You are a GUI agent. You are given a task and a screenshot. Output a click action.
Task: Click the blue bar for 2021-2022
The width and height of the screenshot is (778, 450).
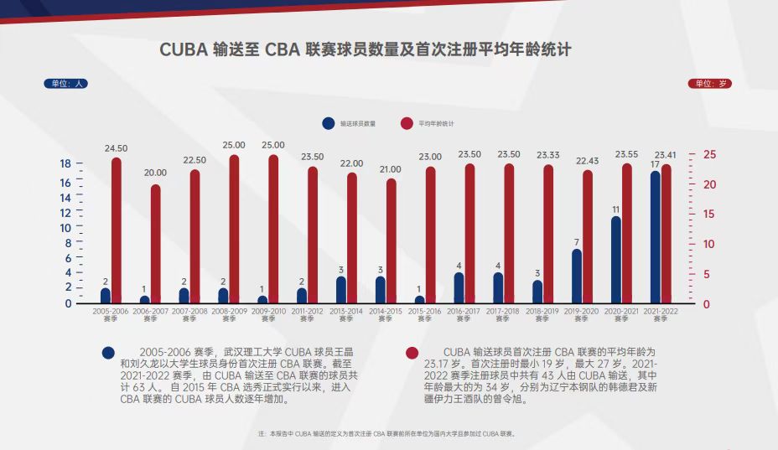pyautogui.click(x=656, y=239)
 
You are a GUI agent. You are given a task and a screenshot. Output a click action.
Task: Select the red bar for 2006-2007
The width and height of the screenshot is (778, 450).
pyautogui.click(x=155, y=243)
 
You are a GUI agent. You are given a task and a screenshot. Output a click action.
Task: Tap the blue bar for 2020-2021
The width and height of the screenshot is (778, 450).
pyautogui.click(x=616, y=260)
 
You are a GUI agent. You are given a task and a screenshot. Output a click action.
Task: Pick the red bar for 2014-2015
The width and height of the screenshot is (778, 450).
pyautogui.click(x=391, y=241)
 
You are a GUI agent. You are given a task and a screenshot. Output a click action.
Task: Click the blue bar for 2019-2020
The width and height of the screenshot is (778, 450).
pyautogui.click(x=577, y=277)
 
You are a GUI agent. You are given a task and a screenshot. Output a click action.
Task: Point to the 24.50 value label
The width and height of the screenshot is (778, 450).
pyautogui.click(x=116, y=148)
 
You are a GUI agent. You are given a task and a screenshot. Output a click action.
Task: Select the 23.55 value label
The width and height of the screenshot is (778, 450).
pyautogui.click(x=626, y=154)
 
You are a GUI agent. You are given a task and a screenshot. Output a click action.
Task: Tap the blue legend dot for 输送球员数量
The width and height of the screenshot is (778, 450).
pyautogui.click(x=328, y=123)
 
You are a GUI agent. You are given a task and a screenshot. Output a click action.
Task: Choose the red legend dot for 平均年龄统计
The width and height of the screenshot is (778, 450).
pyautogui.click(x=407, y=123)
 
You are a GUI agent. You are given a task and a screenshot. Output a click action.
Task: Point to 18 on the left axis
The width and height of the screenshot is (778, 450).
pyautogui.click(x=65, y=163)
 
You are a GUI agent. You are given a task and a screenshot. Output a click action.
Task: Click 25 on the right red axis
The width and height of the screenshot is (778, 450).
pyautogui.click(x=709, y=155)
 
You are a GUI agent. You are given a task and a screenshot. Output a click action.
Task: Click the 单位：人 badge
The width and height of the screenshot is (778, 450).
pyautogui.click(x=65, y=84)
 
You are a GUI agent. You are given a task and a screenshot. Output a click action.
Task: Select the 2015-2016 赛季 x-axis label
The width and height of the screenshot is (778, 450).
pyautogui.click(x=425, y=314)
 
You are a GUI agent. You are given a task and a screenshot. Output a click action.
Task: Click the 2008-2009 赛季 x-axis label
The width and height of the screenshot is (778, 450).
pyautogui.click(x=229, y=314)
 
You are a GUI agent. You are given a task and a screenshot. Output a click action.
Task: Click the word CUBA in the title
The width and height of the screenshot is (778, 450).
pyautogui.click(x=184, y=49)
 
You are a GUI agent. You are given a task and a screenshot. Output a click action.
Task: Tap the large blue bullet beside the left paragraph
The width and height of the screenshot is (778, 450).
pyautogui.click(x=107, y=353)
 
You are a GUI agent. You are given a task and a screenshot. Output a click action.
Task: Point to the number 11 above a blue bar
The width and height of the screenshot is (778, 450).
pyautogui.click(x=616, y=209)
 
